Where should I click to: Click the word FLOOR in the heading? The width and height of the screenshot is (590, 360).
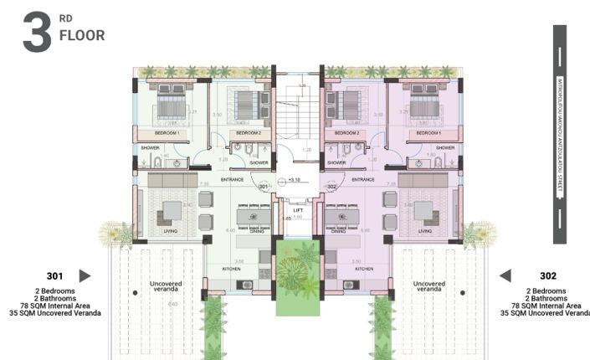tap(82, 36)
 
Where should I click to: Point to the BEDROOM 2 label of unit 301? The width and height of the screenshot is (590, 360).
tap(249, 134)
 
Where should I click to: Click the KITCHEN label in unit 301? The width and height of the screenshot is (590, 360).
tap(231, 269)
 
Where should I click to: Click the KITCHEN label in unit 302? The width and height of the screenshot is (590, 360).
tap(364, 269)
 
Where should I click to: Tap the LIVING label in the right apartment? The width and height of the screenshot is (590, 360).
tap(425, 231)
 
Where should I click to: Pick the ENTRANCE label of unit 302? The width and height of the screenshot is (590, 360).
tap(362, 179)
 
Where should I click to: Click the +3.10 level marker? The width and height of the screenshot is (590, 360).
tap(294, 179)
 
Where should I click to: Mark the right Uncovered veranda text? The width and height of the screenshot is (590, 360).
tap(429, 287)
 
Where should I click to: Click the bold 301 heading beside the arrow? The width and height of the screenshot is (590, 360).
tap(54, 275)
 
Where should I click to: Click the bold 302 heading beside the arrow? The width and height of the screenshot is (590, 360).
tap(548, 275)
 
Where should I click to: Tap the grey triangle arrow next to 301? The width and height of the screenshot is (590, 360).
tap(85, 275)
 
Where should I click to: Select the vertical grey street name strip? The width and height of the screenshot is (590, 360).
tap(559, 134)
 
